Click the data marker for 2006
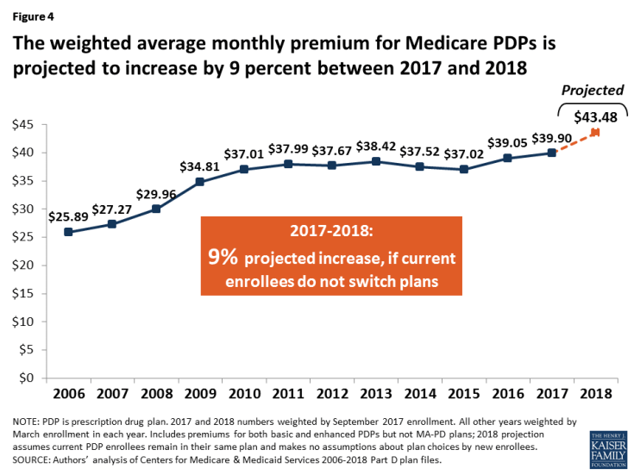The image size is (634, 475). tap(68, 232)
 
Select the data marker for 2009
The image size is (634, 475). tap(200, 182)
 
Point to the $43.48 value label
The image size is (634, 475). tap(595, 116)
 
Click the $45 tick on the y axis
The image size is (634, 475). tap(22, 125)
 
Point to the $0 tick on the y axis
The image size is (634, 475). tap(27, 378)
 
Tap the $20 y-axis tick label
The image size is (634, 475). tap(22, 266)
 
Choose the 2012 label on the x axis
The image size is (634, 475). tap(332, 393)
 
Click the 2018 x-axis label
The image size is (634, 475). tap(596, 393)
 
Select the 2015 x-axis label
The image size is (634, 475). tap(464, 393)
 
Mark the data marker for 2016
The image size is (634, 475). tap(508, 158)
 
